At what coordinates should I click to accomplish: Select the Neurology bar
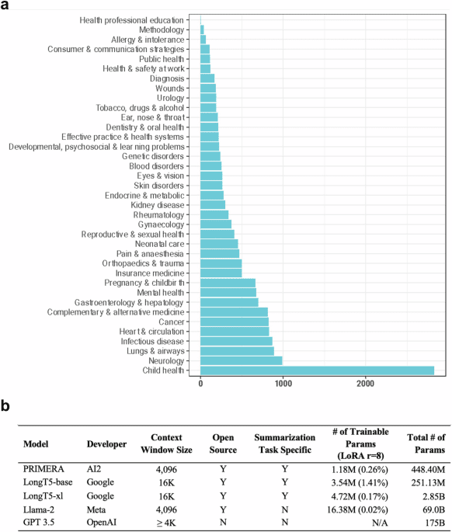tap(242, 360)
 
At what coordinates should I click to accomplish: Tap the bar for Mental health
tap(228, 292)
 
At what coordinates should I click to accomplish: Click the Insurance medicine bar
tap(221, 273)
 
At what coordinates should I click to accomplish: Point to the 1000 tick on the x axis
tap(283, 383)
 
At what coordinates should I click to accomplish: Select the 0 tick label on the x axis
tap(201, 383)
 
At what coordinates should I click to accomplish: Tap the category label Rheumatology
tap(158, 214)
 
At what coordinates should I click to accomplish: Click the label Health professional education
tap(132, 19)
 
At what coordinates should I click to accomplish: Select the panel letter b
tap(6, 405)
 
